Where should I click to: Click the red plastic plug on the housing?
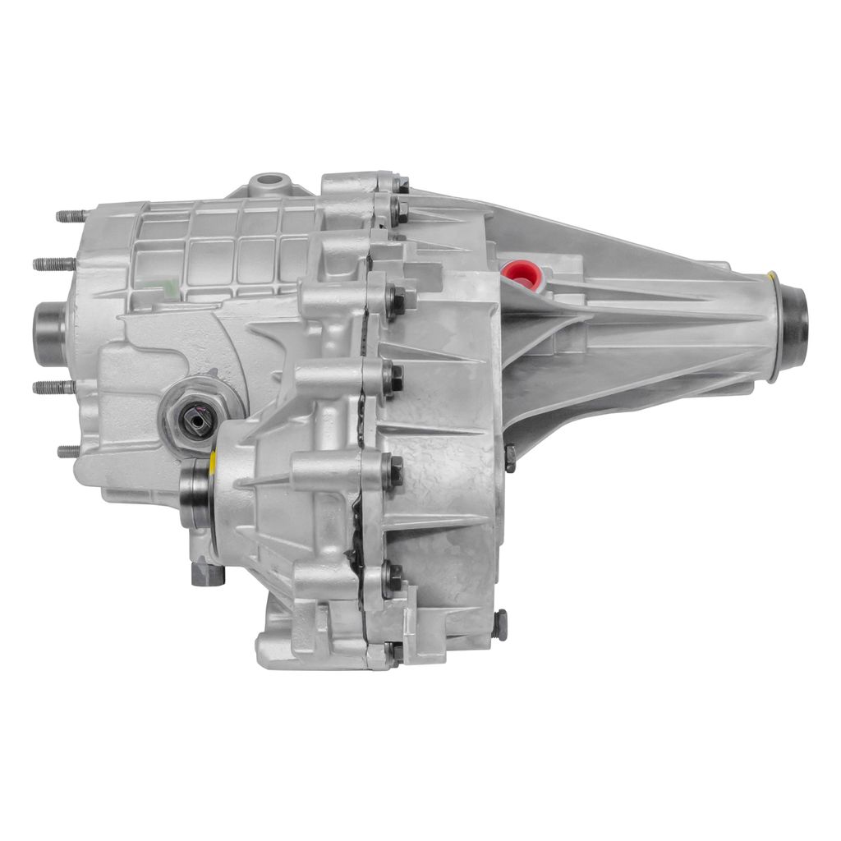521,273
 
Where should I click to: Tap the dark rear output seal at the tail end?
796,316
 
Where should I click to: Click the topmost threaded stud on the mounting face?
71,217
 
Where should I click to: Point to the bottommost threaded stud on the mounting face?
69,451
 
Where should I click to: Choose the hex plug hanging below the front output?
208,574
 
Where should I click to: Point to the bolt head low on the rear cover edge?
499,625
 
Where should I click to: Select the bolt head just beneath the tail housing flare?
509,457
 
